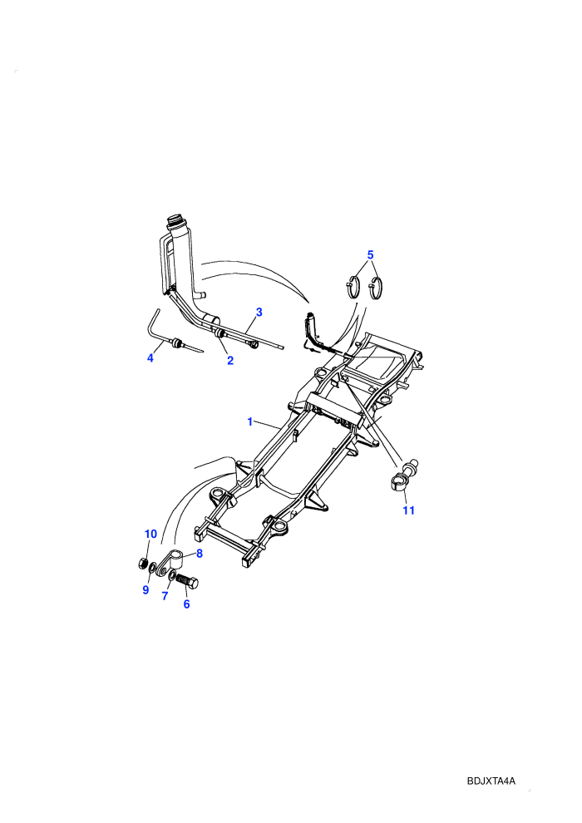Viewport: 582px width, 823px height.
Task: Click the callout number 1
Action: [x=249, y=421]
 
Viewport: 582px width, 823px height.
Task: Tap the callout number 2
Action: [x=229, y=361]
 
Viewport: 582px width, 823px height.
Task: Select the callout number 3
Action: [x=259, y=313]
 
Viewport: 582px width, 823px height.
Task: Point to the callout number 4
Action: [x=150, y=358]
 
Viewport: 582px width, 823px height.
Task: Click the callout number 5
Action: [x=370, y=255]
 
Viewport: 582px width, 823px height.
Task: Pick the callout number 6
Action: [x=186, y=604]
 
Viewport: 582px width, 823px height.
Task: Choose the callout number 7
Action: [x=165, y=596]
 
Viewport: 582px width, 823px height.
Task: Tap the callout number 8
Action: [x=200, y=553]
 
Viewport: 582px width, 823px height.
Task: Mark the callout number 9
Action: [x=145, y=590]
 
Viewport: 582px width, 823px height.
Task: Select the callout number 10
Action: [x=150, y=534]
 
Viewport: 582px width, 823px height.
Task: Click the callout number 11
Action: [x=408, y=510]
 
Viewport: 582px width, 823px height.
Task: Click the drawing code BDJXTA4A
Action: [x=491, y=781]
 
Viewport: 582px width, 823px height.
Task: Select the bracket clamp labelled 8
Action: [x=172, y=562]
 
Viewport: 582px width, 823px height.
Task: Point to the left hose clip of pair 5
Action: [x=353, y=287]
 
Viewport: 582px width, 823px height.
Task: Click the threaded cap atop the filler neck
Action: [x=175, y=221]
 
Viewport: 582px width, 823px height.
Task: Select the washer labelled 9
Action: [x=151, y=568]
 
